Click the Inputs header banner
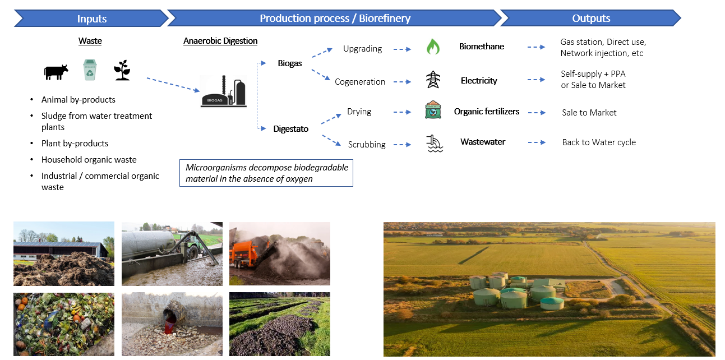tap(91, 19)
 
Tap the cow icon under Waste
tap(56, 72)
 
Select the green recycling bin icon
tap(90, 70)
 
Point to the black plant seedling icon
tap(122, 71)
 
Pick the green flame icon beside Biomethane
tap(433, 47)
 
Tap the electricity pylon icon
tap(433, 80)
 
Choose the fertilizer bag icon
tap(433, 111)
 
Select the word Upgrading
tap(362, 49)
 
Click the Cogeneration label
tap(360, 82)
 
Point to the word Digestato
tap(291, 129)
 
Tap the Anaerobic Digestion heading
tap(220, 41)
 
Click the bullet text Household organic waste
tap(89, 160)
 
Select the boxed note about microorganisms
tap(266, 173)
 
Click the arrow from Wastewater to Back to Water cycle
tap(536, 142)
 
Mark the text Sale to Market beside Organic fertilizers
tap(589, 113)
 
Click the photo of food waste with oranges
tap(63, 324)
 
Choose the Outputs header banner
tap(590, 19)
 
